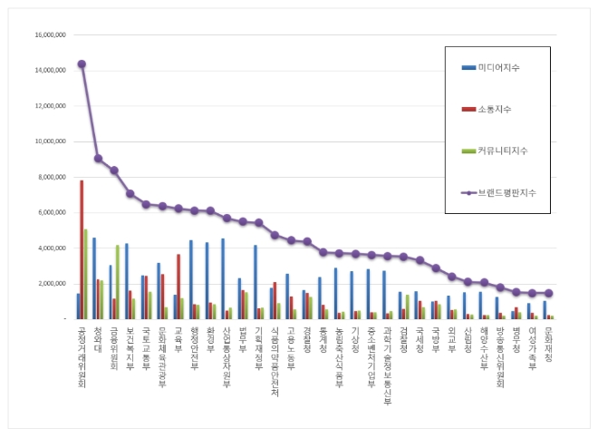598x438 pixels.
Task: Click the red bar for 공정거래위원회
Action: [82, 249]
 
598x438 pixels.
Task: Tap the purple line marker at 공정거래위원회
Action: [82, 63]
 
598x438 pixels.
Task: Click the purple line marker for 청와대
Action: [98, 159]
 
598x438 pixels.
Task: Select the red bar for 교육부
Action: [178, 287]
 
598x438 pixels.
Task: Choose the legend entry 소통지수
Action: [499, 109]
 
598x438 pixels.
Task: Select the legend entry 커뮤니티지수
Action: [504, 151]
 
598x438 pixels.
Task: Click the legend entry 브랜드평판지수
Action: [507, 192]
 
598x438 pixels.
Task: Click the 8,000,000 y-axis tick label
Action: [52, 177]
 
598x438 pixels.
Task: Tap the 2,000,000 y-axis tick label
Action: [52, 284]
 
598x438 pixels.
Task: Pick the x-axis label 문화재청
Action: [550, 346]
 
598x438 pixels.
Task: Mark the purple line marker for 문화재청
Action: [548, 293]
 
